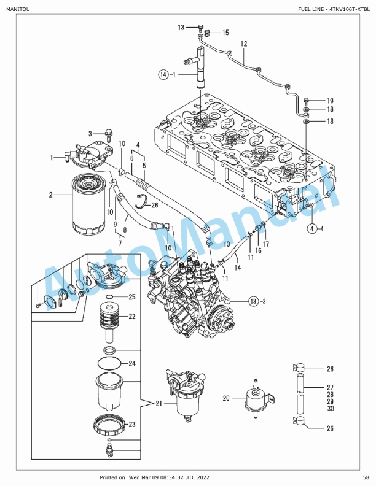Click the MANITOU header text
[x=18, y=9]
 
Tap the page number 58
[x=366, y=477]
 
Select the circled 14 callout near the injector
[x=163, y=74]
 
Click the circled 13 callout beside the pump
[x=254, y=301]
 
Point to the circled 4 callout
[x=311, y=229]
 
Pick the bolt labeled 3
[x=109, y=134]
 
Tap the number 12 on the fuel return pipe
[x=244, y=44]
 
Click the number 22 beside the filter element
[x=132, y=317]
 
